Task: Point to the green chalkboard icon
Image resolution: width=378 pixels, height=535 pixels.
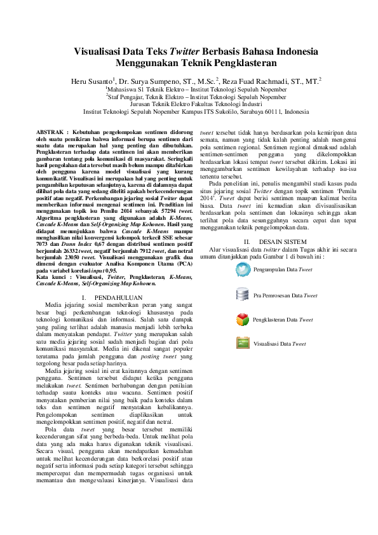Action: [242, 343]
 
